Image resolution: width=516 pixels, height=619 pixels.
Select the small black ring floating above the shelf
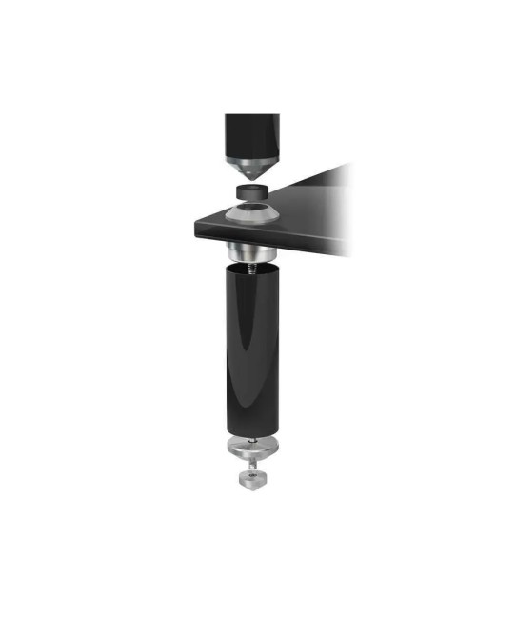tap(253, 194)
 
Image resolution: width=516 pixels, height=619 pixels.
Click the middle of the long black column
tap(250, 352)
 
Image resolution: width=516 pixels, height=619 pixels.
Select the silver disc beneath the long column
tap(249, 449)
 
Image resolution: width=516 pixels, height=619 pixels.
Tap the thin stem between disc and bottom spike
tap(249, 464)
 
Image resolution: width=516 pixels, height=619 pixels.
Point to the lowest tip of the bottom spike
tap(249, 491)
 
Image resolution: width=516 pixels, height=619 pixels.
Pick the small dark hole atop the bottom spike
tap(249, 470)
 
